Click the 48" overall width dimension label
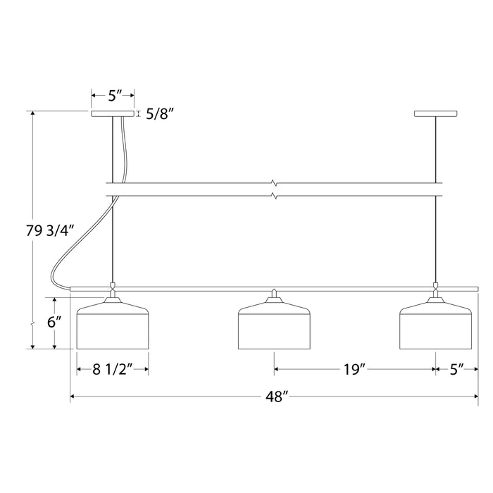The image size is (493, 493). (x=277, y=397)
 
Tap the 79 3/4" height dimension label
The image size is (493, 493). (x=50, y=231)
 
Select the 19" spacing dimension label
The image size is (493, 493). (x=354, y=369)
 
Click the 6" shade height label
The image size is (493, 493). (x=54, y=322)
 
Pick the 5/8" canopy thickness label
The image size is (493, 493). (x=160, y=114)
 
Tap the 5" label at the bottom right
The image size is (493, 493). (x=457, y=369)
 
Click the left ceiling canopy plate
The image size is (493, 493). (x=113, y=113)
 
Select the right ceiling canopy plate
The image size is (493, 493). (x=435, y=113)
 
